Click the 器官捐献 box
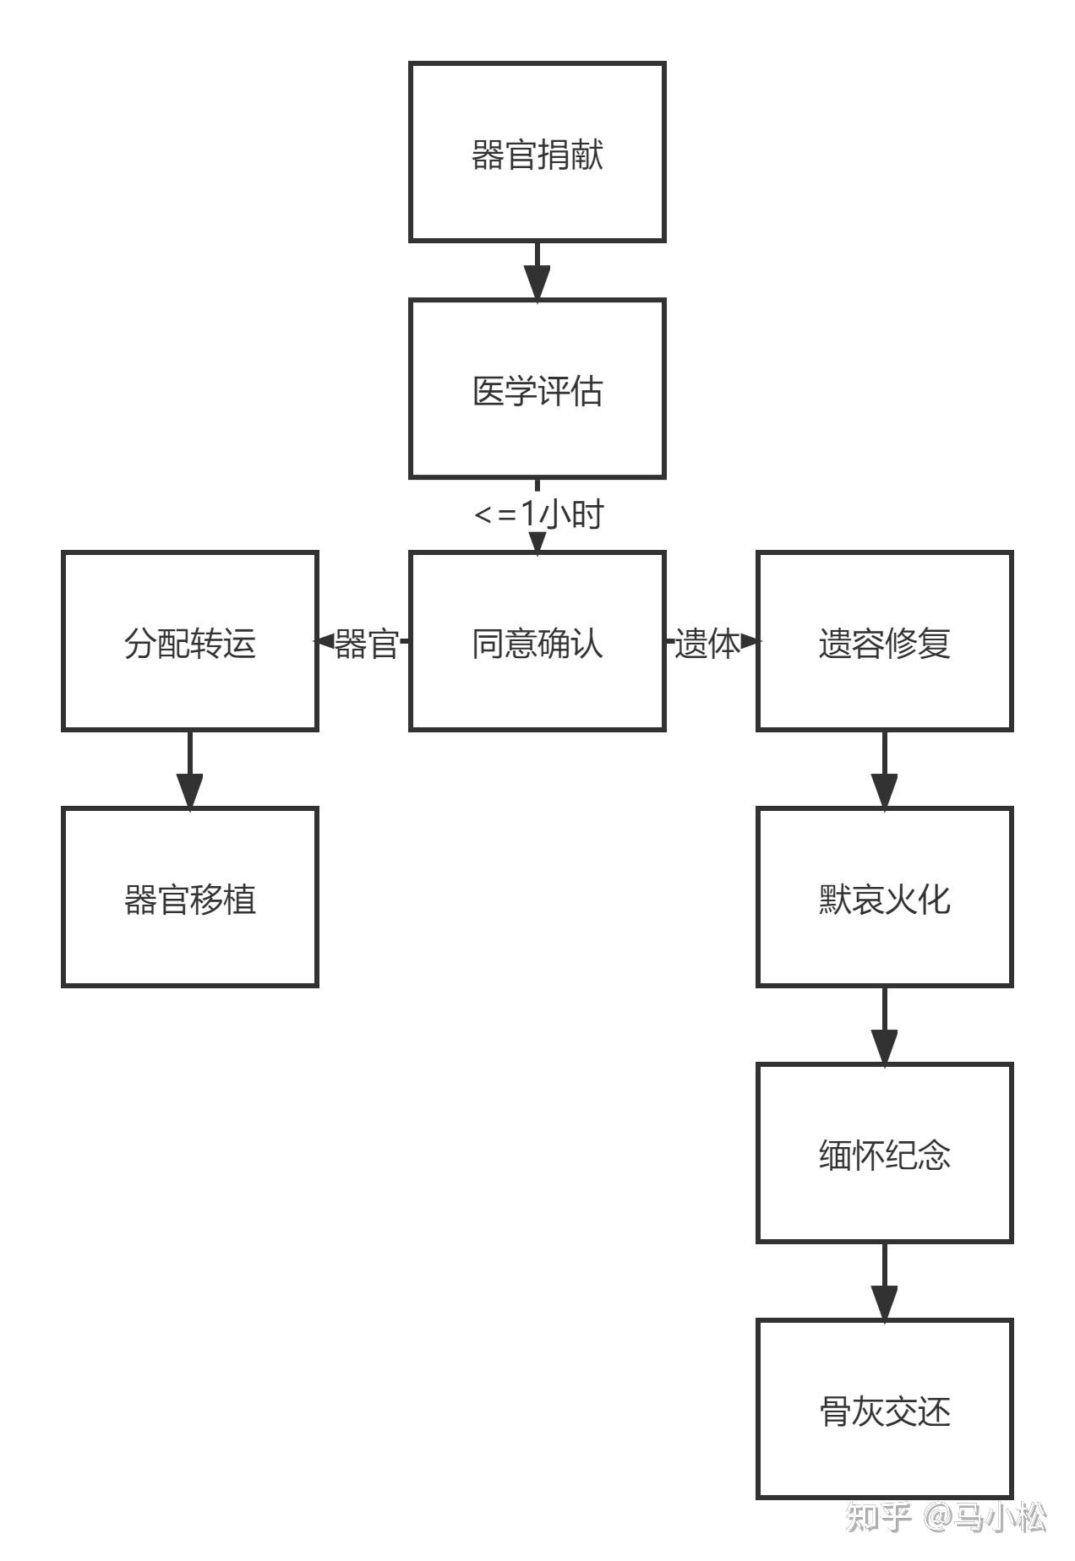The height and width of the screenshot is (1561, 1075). (x=537, y=152)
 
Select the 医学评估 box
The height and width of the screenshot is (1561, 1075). (x=537, y=389)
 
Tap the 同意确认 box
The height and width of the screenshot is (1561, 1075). (x=537, y=641)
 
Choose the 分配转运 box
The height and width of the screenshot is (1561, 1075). (x=189, y=641)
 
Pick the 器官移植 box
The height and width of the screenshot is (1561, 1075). (x=189, y=897)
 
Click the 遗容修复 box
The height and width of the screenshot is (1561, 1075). (x=884, y=641)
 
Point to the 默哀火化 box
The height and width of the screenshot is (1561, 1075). (x=884, y=897)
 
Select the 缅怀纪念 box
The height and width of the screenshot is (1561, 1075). (x=884, y=1153)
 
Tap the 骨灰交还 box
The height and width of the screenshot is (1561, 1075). (x=884, y=1409)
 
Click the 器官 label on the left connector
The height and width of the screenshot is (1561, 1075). (x=367, y=643)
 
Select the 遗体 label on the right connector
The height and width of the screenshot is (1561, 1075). (x=707, y=643)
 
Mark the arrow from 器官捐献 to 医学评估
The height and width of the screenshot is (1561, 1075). (x=537, y=270)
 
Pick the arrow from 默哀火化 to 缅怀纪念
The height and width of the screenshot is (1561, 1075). (x=884, y=1025)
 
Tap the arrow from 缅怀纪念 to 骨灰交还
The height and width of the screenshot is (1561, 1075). (x=884, y=1281)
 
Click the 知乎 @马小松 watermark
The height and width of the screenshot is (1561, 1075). (x=947, y=1517)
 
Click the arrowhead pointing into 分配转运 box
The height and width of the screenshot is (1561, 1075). (x=325, y=641)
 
